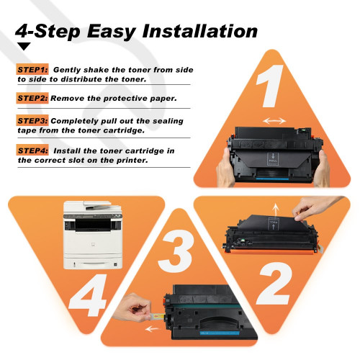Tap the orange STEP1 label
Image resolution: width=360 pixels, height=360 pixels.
32,70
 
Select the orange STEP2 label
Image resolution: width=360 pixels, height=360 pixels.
32,96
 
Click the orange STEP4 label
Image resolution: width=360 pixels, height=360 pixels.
32,150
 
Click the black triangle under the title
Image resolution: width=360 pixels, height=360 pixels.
24,47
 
